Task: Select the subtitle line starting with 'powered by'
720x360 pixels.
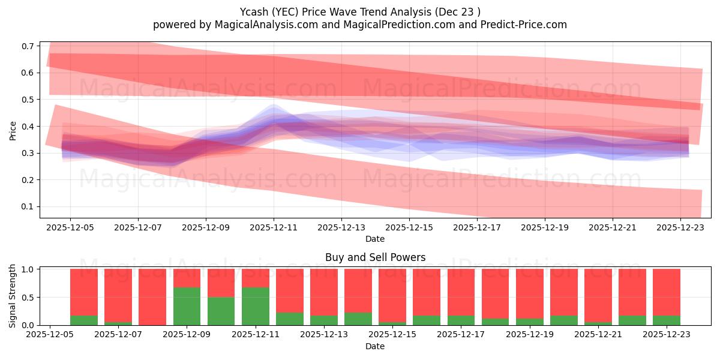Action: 359,25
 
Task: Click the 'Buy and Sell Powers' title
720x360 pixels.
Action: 375,257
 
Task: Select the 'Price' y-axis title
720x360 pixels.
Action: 13,130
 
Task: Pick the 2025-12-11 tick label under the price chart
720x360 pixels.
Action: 274,228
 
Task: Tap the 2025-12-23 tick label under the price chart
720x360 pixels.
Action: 680,228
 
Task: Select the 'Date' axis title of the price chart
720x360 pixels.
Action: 375,239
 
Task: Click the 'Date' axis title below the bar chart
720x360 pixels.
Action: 375,346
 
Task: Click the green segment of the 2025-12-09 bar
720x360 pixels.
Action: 187,307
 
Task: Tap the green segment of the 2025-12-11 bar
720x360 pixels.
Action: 255,307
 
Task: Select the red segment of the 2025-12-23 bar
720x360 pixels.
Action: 666,292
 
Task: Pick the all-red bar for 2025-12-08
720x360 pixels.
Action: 152,297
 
